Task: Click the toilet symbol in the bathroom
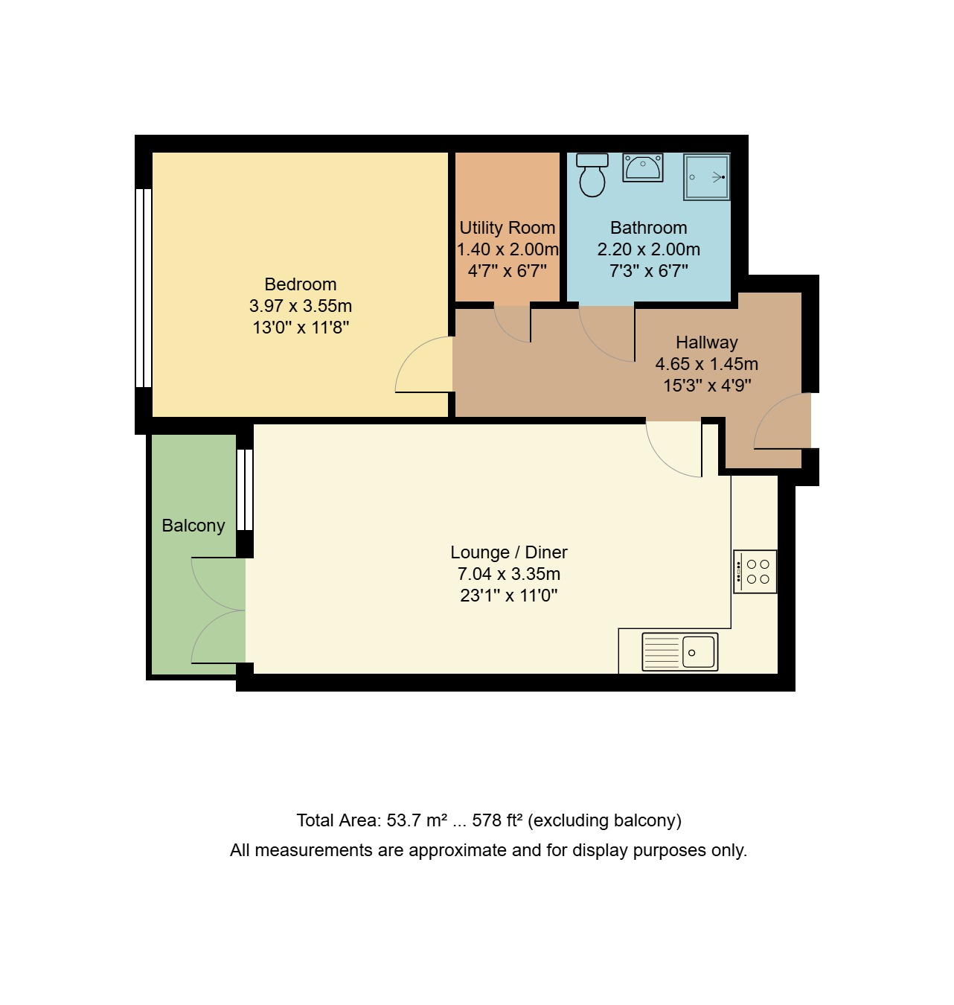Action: pyautogui.click(x=592, y=175)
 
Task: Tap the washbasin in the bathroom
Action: pyautogui.click(x=642, y=167)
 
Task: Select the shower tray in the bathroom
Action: pyautogui.click(x=706, y=177)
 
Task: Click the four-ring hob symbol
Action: pyautogui.click(x=755, y=572)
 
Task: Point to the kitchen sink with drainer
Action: pyautogui.click(x=679, y=652)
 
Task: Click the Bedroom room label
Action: pyautogui.click(x=301, y=284)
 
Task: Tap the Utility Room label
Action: pyautogui.click(x=508, y=228)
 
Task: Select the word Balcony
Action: pyautogui.click(x=193, y=526)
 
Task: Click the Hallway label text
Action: pyautogui.click(x=706, y=342)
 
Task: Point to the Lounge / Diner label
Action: pyautogui.click(x=509, y=552)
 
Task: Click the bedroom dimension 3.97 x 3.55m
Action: pyautogui.click(x=301, y=306)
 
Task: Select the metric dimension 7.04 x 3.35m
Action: pyautogui.click(x=509, y=574)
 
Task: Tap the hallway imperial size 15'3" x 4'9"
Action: pyautogui.click(x=706, y=386)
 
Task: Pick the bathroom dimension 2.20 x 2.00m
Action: pyautogui.click(x=648, y=249)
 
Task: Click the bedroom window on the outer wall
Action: pyautogui.click(x=143, y=287)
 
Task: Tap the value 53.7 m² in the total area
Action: pyautogui.click(x=417, y=820)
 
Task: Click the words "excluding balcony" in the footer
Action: pyautogui.click(x=604, y=820)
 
